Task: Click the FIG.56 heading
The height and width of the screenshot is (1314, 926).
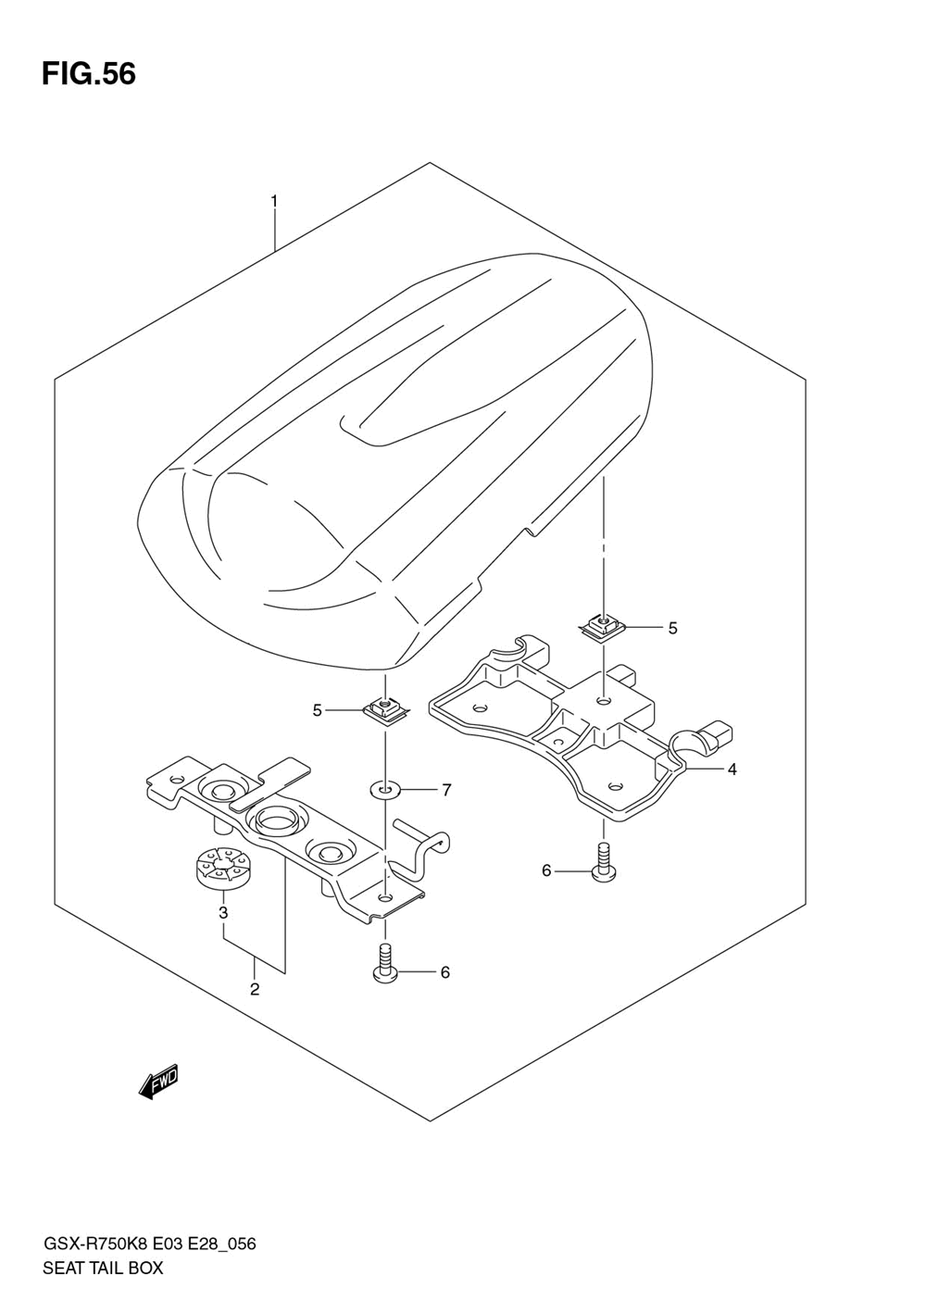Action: click(x=89, y=73)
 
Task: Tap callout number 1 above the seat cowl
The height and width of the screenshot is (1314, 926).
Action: click(x=274, y=200)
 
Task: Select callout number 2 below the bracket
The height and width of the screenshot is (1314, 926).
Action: click(x=254, y=989)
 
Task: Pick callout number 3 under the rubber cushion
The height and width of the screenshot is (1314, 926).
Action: click(x=223, y=913)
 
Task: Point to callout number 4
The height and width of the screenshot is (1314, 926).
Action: click(x=732, y=769)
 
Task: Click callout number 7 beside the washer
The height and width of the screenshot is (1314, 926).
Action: click(x=445, y=790)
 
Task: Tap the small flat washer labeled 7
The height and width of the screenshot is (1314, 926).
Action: click(x=383, y=790)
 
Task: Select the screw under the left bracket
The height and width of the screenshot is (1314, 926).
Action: click(x=383, y=963)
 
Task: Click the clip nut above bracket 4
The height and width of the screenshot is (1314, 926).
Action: click(x=602, y=628)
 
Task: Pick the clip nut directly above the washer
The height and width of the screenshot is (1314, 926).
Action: click(x=382, y=711)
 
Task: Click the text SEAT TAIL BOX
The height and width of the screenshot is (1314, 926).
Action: click(x=103, y=1268)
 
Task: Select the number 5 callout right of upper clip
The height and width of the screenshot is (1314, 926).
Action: click(x=672, y=628)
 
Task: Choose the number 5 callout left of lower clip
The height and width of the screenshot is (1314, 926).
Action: click(x=317, y=710)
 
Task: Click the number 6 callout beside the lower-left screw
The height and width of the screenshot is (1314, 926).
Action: click(x=444, y=972)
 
